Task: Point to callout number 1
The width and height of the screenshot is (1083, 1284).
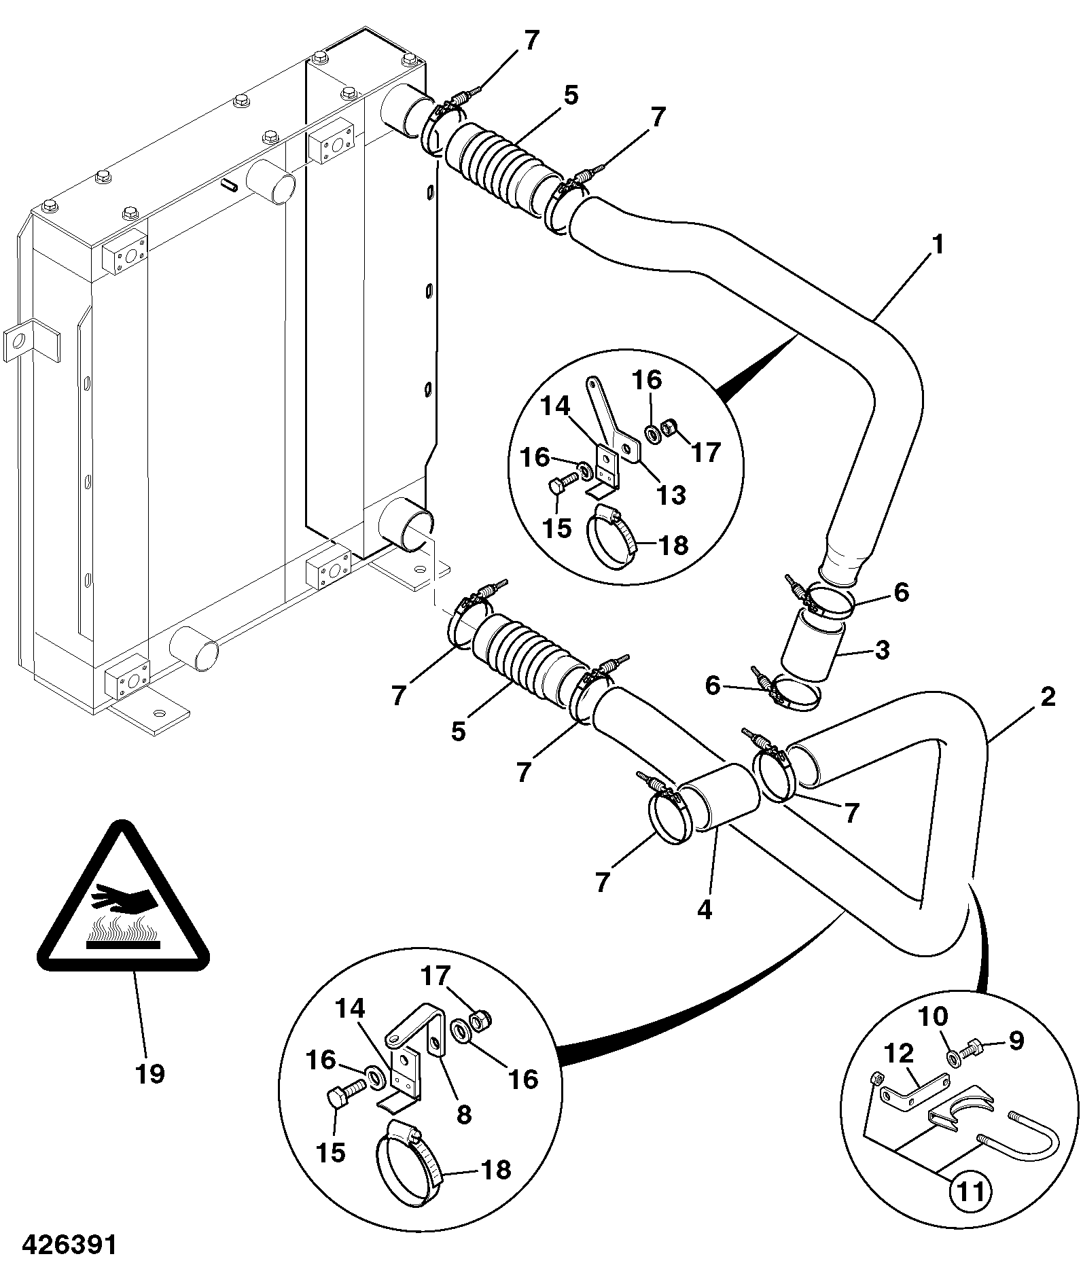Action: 937,245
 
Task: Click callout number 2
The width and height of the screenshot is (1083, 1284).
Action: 1047,696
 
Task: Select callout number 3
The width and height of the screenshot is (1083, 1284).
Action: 882,650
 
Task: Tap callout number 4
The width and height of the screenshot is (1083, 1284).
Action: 705,910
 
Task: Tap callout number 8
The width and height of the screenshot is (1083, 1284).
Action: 464,1113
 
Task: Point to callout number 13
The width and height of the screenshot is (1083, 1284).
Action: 671,495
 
